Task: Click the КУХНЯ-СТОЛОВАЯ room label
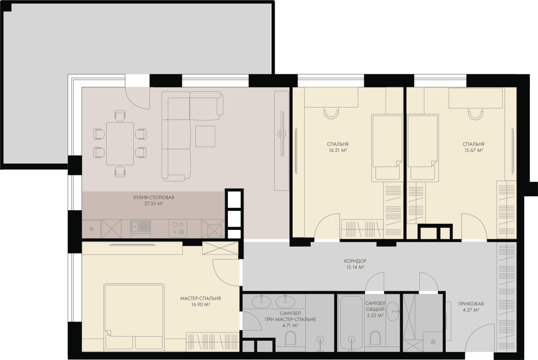154,198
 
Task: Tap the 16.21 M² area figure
338,150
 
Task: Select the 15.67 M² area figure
474,150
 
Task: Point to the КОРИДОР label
355,261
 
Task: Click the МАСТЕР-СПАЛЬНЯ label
201,299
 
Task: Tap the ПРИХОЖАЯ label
471,304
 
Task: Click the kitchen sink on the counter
140,227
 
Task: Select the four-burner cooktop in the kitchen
178,228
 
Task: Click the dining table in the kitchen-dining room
120,144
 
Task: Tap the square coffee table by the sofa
205,136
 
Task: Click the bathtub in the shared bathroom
351,323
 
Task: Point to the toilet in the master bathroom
291,338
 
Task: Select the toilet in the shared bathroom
375,338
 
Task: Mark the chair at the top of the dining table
120,116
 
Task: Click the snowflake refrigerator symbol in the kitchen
91,229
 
